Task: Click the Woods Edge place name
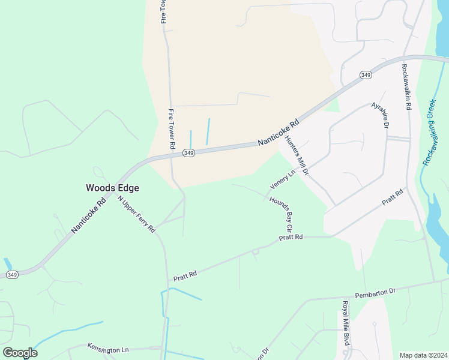(112, 188)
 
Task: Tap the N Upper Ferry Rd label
(136, 214)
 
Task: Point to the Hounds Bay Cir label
(281, 214)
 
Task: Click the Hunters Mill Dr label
(297, 155)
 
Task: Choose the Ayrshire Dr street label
(381, 114)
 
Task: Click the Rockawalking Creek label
(430, 132)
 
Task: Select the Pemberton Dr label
(375, 292)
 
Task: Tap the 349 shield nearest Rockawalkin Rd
(366, 74)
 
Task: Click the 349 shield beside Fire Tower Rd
(188, 154)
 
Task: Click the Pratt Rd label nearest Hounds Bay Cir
(291, 238)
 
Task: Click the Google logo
(20, 353)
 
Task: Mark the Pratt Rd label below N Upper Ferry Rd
(185, 276)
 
